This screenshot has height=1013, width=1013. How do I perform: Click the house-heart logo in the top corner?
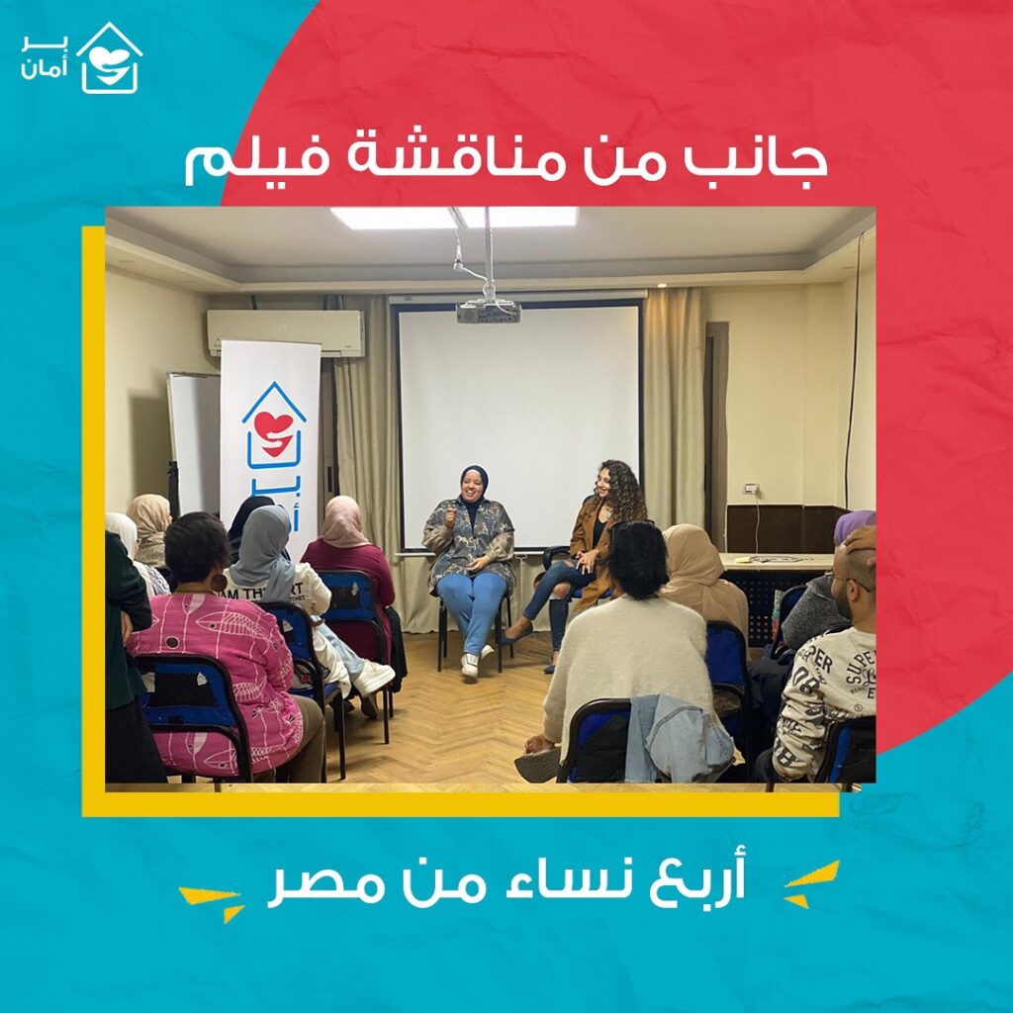tap(109, 58)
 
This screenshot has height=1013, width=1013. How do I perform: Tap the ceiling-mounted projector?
tap(489, 312)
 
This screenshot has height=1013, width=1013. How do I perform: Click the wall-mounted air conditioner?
tap(286, 332)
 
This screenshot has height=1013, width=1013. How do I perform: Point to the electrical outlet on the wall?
tap(752, 489)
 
